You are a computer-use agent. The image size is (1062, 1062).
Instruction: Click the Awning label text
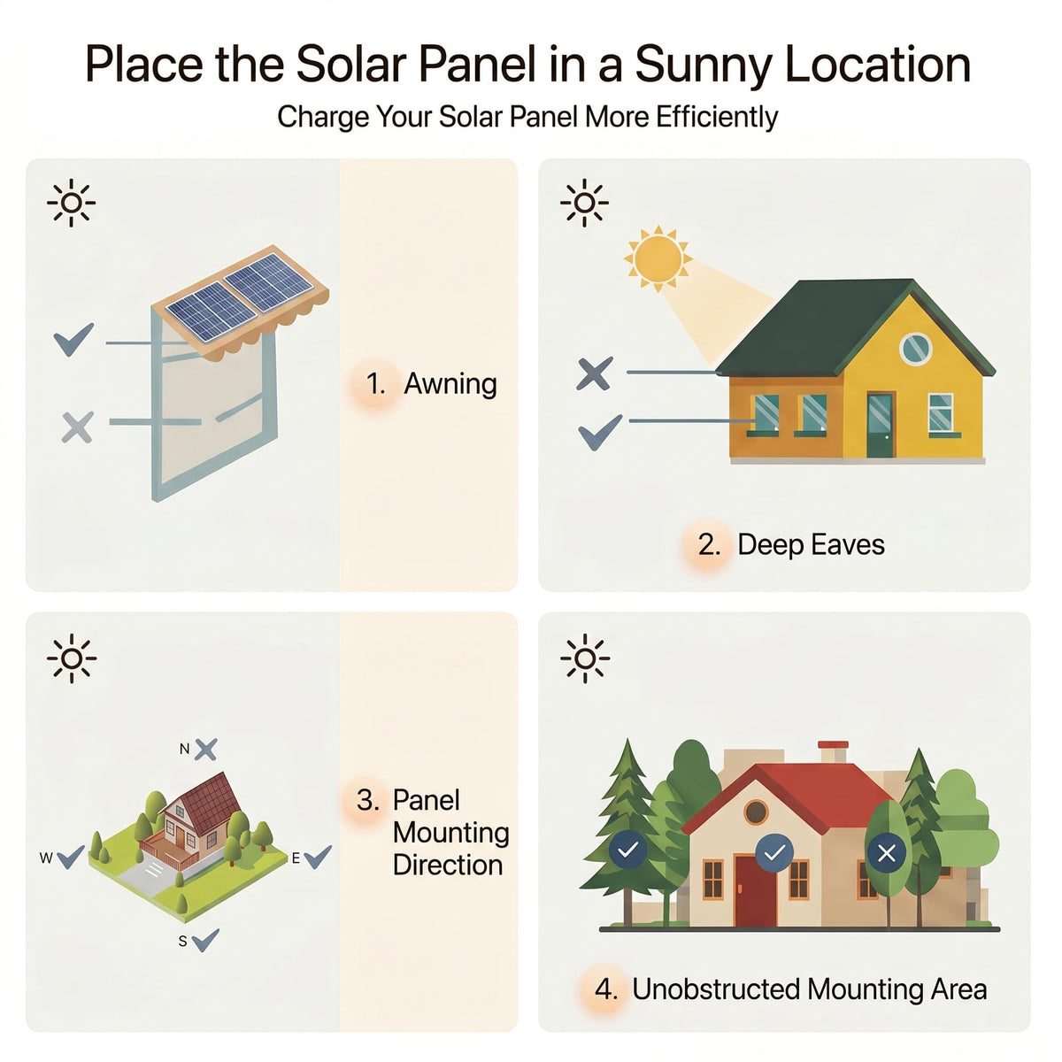pos(450,383)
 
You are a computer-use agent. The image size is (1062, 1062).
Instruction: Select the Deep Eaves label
pos(811,544)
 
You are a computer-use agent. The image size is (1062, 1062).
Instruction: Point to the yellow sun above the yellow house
pos(658,258)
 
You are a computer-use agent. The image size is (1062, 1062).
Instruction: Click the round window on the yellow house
pos(915,349)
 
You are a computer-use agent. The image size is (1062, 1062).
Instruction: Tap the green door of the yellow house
pos(880,425)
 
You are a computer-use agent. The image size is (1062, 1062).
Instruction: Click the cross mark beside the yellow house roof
pos(594,373)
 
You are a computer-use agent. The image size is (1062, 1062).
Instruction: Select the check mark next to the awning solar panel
pos(73,340)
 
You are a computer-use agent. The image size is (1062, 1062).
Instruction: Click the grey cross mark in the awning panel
pos(77,427)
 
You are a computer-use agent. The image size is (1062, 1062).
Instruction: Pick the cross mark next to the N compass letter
pos(206,750)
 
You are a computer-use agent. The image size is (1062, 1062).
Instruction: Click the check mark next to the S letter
pos(206,940)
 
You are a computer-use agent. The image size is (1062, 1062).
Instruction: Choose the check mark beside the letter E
pos(318,857)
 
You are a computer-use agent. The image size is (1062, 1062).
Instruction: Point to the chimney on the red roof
pos(833,752)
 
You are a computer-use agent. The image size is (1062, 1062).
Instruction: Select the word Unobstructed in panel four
pos(716,989)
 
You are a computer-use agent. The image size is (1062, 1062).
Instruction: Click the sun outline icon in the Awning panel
pos(71,203)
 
